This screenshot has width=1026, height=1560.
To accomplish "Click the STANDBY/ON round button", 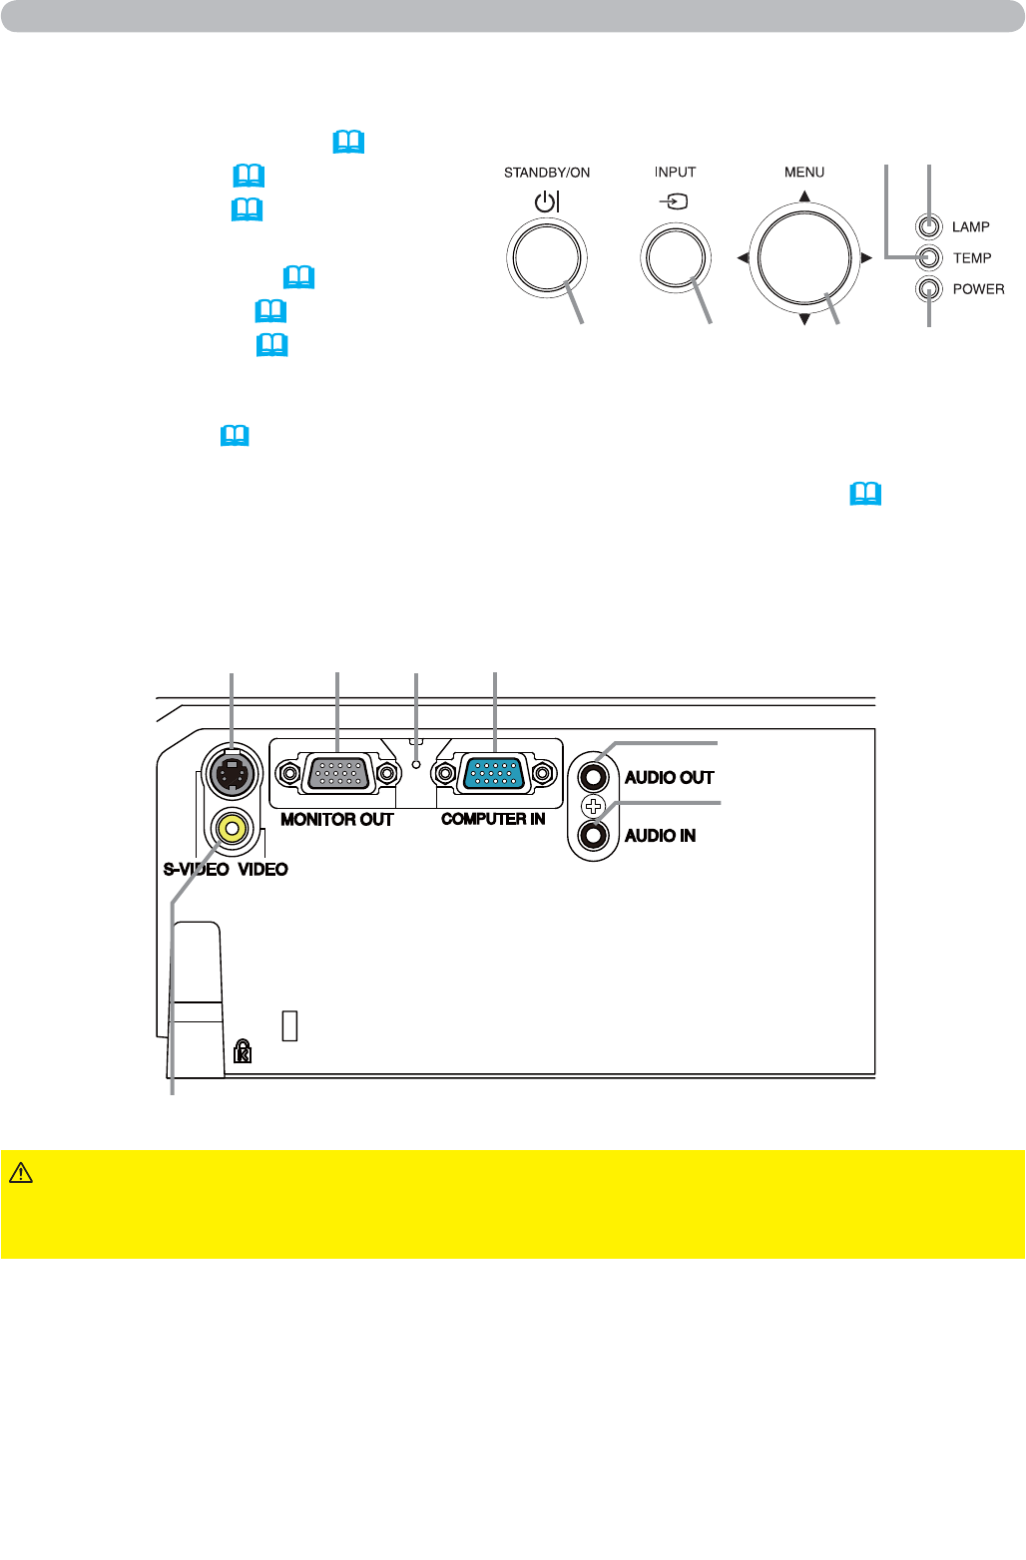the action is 547,257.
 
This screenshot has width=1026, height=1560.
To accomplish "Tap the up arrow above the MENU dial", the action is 804,195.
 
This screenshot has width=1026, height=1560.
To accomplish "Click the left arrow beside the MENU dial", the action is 743,257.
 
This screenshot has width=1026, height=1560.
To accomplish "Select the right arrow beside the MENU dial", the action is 866,257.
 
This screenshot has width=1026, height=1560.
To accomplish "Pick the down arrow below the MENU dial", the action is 804,319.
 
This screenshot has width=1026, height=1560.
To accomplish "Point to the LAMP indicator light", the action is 928,226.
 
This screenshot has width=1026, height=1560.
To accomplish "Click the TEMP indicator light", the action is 928,257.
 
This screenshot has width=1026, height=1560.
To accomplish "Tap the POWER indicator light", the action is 928,288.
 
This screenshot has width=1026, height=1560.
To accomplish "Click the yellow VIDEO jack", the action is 232,830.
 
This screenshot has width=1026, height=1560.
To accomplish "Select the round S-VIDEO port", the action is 232,774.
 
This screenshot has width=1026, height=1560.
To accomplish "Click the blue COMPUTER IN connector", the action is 494,773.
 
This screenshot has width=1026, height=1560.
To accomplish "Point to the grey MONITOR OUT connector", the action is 338,773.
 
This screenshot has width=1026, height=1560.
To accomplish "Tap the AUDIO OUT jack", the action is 593,777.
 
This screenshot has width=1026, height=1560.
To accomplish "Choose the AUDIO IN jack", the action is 593,835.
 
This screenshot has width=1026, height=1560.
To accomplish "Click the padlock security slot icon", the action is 242,1050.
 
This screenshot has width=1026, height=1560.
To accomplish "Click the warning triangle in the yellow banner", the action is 21,1173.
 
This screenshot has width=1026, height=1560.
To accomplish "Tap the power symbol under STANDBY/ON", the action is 547,201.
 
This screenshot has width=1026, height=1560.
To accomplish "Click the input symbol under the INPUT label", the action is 674,201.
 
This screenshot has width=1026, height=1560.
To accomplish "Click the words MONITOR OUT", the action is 337,820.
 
